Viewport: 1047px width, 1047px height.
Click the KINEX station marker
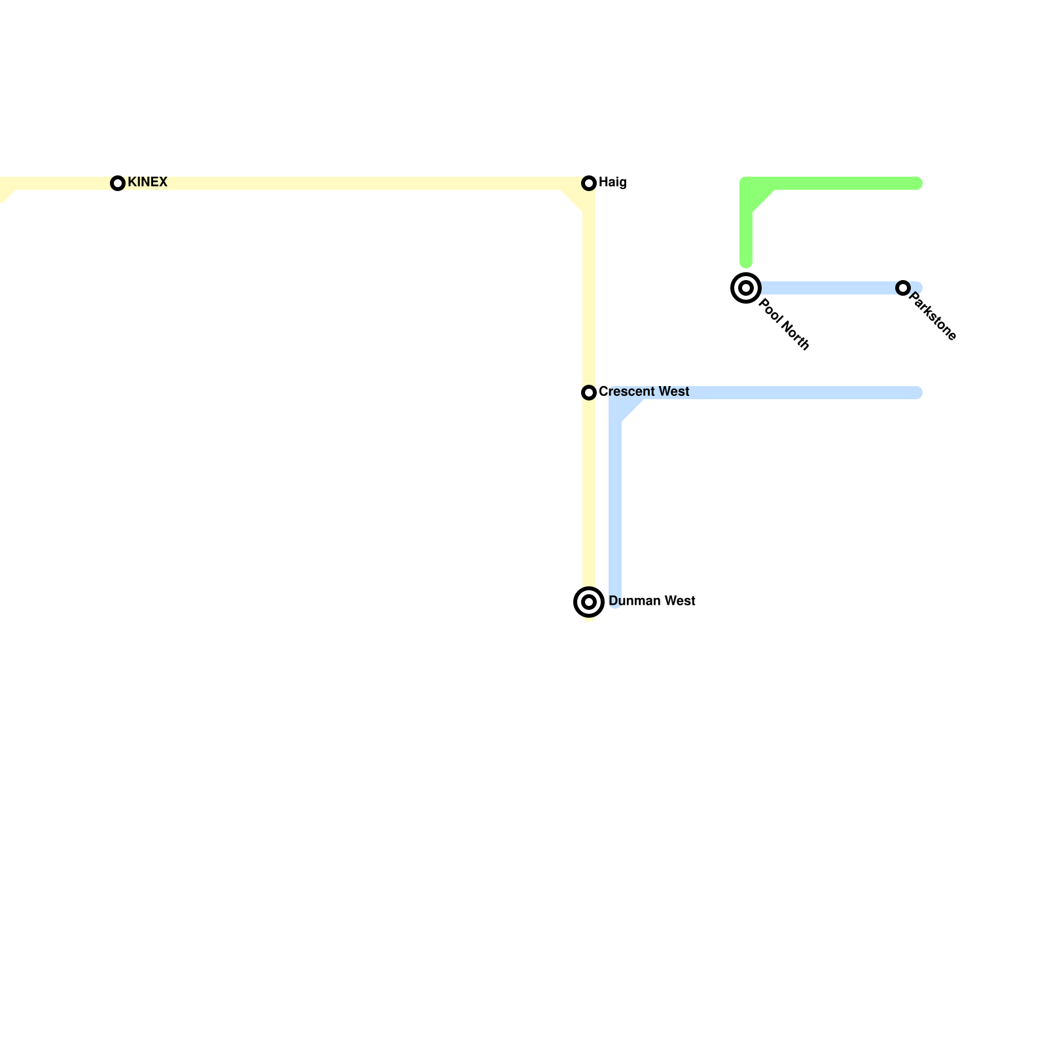click(118, 183)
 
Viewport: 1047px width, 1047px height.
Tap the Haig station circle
click(589, 183)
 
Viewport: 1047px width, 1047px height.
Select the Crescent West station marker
click(589, 393)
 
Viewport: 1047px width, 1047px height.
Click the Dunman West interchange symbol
click(589, 601)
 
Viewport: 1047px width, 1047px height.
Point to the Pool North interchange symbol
click(745, 288)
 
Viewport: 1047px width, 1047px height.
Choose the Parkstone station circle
click(903, 288)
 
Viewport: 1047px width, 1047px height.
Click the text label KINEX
click(147, 182)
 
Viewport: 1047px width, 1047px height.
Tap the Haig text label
click(612, 183)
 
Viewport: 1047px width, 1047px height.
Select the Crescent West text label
click(644, 391)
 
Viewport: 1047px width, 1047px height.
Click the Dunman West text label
click(652, 601)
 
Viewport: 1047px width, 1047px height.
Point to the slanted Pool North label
click(785, 325)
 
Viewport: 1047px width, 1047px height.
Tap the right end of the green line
click(917, 183)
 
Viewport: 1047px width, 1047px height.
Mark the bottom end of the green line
click(746, 263)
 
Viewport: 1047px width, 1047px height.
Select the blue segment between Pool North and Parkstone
click(825, 288)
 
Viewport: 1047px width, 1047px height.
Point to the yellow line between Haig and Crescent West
click(589, 288)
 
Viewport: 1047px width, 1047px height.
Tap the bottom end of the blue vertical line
click(615, 603)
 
